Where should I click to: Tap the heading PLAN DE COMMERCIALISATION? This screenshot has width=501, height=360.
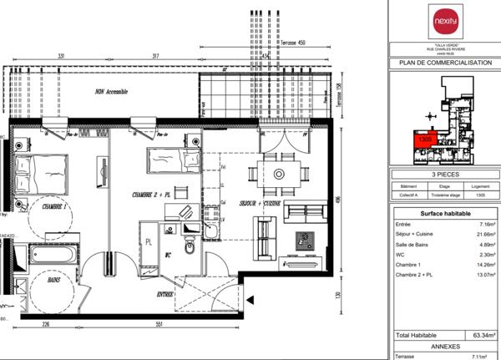(445, 63)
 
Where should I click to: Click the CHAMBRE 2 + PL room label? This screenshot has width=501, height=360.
(150, 194)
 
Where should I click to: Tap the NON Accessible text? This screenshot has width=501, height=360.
(111, 92)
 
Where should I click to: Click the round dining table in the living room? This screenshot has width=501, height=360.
(280, 174)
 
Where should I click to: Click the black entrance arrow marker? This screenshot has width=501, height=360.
(250, 299)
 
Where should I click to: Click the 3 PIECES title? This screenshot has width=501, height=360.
(445, 176)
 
